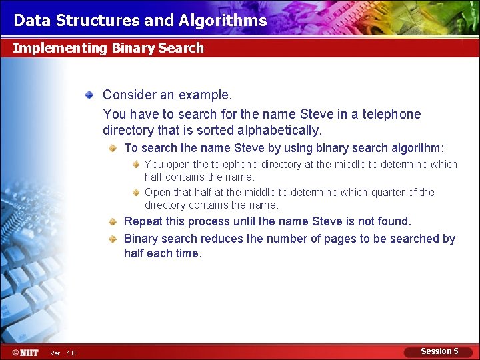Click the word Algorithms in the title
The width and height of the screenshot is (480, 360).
click(223, 21)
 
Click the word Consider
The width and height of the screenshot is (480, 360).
click(129, 95)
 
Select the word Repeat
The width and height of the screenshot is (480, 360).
click(143, 221)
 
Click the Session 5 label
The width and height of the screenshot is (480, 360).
click(439, 351)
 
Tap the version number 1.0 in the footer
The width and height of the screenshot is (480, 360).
click(71, 353)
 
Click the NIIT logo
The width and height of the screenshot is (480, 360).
click(25, 352)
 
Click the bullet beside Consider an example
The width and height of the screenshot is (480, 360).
click(89, 96)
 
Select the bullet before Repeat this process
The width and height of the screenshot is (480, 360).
click(115, 221)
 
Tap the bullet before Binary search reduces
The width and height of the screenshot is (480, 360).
click(115, 239)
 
